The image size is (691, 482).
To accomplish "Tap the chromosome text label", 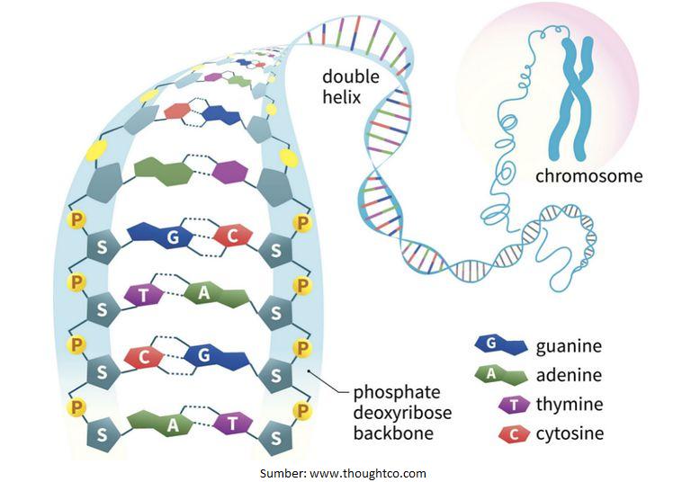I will (x=588, y=175).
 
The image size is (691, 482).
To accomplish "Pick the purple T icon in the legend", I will (x=514, y=405).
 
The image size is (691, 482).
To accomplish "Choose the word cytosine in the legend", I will (x=570, y=433).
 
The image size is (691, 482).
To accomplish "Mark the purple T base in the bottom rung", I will (x=232, y=423).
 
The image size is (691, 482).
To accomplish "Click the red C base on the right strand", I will (x=233, y=236).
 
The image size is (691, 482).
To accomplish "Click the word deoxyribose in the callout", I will (x=401, y=413).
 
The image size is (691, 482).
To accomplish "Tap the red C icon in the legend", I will (x=513, y=434).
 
